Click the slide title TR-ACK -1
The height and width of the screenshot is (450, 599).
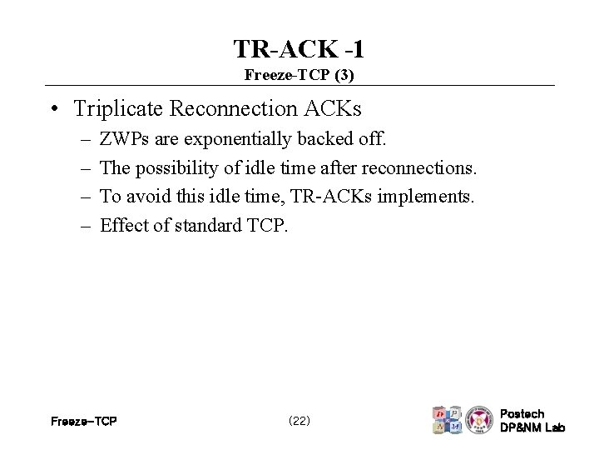pos(299,48)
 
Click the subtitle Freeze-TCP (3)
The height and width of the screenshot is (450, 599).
pos(299,75)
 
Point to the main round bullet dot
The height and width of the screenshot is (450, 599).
pos(52,109)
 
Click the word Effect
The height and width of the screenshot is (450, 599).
pos(121,226)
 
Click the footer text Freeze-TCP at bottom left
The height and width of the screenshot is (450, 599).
pos(83,421)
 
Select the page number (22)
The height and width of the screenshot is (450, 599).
pos(299,421)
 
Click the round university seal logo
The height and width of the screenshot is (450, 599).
pos(478,420)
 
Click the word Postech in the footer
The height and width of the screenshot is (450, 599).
pos(522,413)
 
